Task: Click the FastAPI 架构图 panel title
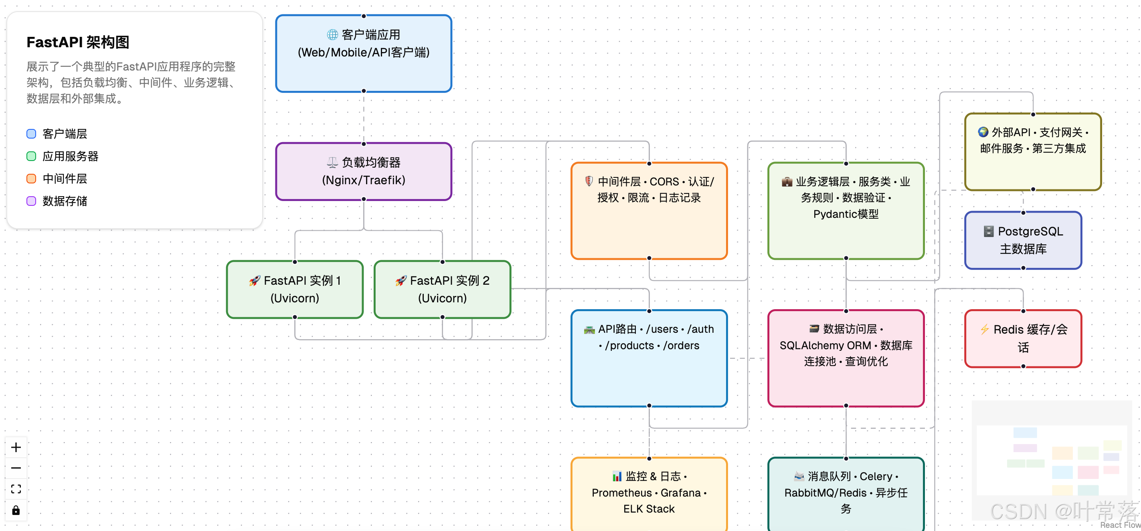tap(78, 42)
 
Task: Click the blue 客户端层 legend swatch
tap(31, 134)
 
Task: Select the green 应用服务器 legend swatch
tap(31, 156)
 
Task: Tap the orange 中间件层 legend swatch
tap(31, 179)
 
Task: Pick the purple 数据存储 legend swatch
tap(31, 201)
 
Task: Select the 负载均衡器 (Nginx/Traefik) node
tap(363, 171)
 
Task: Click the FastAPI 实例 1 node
tap(295, 290)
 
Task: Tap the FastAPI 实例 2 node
tap(442, 290)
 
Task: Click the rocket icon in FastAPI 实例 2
tap(401, 281)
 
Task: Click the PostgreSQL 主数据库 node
tap(1023, 240)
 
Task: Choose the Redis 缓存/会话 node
tap(1023, 338)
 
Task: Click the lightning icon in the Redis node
tap(984, 329)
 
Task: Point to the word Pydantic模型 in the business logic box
tap(846, 214)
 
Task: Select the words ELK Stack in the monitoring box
tap(649, 509)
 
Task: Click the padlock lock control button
tap(16, 510)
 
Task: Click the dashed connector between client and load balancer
tap(364, 118)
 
